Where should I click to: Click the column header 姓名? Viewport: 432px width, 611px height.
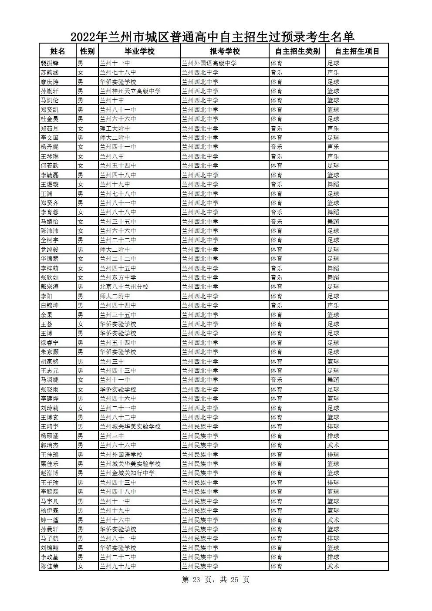[x=57, y=51]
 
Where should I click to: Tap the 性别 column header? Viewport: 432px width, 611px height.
[x=87, y=51]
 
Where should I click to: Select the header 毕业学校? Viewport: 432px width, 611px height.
[x=139, y=51]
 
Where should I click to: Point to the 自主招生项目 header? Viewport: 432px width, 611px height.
[x=357, y=51]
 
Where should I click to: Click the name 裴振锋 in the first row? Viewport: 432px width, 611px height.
[x=49, y=63]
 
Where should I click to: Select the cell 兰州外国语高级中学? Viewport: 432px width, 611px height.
[x=209, y=63]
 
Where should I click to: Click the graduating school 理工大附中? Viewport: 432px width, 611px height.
[x=115, y=128]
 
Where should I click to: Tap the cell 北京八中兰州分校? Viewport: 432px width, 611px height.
[x=124, y=287]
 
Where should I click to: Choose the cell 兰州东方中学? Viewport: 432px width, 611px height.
[x=118, y=277]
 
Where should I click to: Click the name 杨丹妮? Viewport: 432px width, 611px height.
[x=49, y=147]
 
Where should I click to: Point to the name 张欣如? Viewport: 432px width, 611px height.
[x=49, y=277]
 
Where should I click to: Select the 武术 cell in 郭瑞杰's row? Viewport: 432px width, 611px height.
[x=333, y=445]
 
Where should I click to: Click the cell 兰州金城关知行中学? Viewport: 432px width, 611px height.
[x=127, y=473]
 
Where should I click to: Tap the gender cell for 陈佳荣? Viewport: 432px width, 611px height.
[x=80, y=566]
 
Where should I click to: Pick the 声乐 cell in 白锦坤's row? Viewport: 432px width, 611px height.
[x=333, y=305]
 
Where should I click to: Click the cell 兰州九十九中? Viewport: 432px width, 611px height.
[x=118, y=566]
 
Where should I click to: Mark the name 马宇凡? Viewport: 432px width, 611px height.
[x=49, y=501]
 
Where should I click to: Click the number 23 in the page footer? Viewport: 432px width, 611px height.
[x=196, y=580]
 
